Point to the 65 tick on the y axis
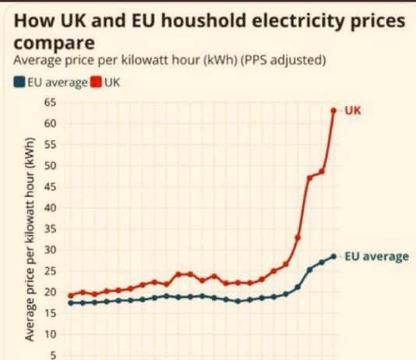click(x=51, y=103)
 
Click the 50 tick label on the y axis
click(x=51, y=166)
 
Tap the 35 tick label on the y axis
click(x=51, y=229)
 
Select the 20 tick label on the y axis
click(x=51, y=292)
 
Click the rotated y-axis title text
click(x=30, y=242)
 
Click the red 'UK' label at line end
click(x=353, y=110)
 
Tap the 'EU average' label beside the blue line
click(x=376, y=256)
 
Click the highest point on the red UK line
click(x=334, y=111)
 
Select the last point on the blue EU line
click(x=334, y=256)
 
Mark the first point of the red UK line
click(x=71, y=296)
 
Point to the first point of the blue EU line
click(x=71, y=303)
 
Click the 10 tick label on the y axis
click(x=51, y=334)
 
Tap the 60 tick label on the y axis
click(x=51, y=124)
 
